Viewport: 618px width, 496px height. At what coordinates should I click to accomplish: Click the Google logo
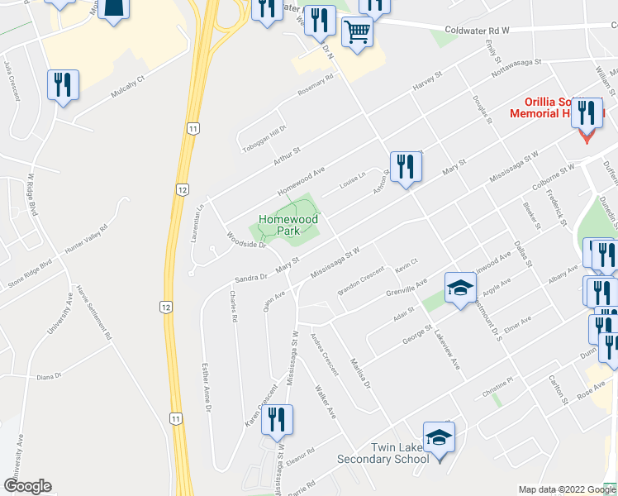point(27,486)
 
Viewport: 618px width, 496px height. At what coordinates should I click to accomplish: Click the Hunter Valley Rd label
point(93,239)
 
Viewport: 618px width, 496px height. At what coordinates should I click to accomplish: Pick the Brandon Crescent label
point(360,283)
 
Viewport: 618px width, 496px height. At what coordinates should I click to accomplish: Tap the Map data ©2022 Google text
point(566,489)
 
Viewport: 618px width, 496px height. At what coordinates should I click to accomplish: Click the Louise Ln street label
point(350,188)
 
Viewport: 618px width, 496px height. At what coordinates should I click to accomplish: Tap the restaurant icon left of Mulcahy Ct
point(63,84)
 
